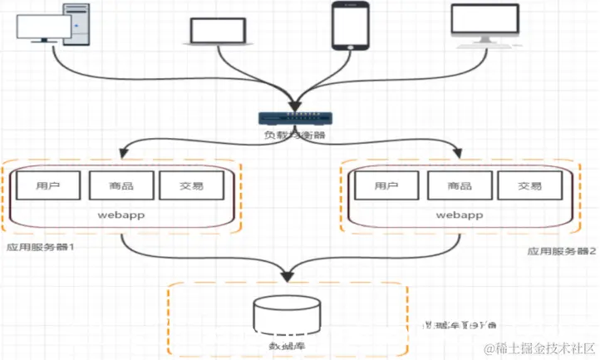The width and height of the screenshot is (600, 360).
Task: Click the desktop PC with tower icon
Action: tap(52, 23)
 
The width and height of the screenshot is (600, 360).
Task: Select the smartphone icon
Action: tap(349, 26)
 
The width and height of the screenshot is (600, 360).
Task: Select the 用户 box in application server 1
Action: tap(47, 185)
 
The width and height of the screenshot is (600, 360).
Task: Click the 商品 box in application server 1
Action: tap(120, 185)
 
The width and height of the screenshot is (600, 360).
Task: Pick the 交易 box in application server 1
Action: tap(191, 185)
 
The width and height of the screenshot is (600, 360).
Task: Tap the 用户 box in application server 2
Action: tap(386, 185)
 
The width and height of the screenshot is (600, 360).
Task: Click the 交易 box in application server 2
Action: tap(529, 185)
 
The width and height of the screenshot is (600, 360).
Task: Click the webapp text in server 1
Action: tap(120, 215)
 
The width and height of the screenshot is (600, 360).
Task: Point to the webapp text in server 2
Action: tap(458, 215)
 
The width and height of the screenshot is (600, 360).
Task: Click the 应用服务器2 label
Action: tap(563, 249)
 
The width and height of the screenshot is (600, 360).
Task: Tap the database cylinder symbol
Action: tap(287, 317)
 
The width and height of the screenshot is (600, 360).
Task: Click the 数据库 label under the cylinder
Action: tap(287, 344)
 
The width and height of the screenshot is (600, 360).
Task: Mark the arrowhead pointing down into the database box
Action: tap(288, 272)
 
